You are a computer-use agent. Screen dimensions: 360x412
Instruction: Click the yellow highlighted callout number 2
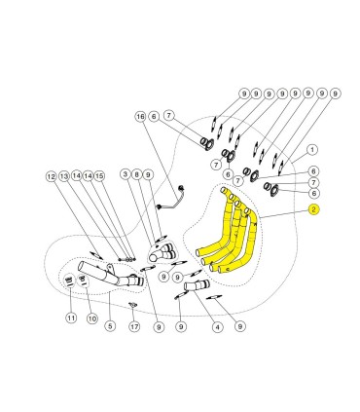tap(313, 209)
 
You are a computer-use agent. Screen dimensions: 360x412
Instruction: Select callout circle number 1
tap(312, 150)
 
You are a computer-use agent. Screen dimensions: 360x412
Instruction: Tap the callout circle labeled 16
tap(141, 116)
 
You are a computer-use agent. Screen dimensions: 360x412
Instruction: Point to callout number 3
tap(126, 174)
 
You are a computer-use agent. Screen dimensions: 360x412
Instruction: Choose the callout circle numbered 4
tap(218, 326)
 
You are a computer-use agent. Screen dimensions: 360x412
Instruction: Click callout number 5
tap(110, 325)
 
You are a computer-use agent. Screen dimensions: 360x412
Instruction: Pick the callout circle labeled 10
tap(92, 318)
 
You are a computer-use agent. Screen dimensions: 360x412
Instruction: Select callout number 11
tap(71, 318)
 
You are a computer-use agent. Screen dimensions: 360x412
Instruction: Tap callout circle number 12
tap(51, 176)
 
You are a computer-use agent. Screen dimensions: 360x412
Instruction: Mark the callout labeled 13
tap(64, 176)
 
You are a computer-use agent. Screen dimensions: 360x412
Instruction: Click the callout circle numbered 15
tap(99, 175)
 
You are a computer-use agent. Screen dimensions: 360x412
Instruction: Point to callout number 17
tap(134, 326)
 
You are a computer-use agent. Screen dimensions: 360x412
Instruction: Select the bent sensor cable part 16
tap(171, 199)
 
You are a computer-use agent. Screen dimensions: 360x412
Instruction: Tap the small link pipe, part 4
tap(197, 285)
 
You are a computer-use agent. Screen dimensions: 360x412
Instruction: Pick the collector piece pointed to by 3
tap(162, 253)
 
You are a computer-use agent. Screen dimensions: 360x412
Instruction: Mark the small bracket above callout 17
tap(132, 305)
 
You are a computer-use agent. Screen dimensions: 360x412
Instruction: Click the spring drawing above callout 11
tap(69, 280)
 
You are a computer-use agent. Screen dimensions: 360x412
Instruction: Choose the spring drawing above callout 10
tap(82, 280)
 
